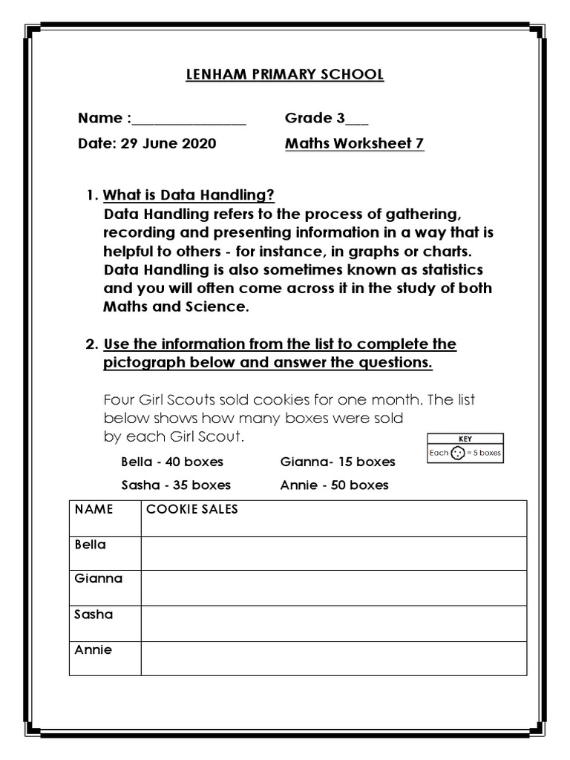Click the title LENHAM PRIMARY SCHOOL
click(x=285, y=74)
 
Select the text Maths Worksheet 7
click(x=355, y=143)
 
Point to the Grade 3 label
click(x=318, y=118)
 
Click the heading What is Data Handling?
click(x=189, y=196)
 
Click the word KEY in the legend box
click(x=465, y=439)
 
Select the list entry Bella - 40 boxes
click(x=172, y=462)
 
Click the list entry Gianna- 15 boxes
click(x=338, y=462)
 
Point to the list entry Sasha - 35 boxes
click(x=176, y=485)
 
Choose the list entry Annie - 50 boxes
click(x=334, y=485)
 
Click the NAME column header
click(x=94, y=510)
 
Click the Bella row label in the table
click(x=91, y=545)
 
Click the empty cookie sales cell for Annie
click(x=334, y=658)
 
